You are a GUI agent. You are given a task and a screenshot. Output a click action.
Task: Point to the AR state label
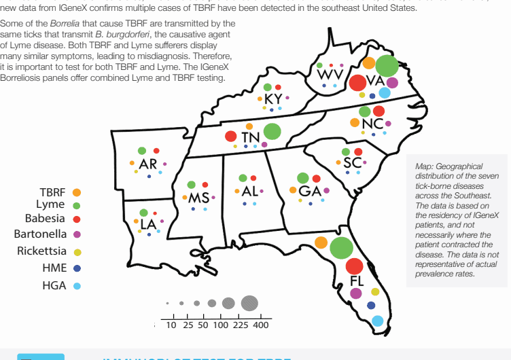pyautogui.click(x=148, y=164)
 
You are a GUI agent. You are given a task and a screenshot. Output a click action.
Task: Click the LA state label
pyautogui.click(x=148, y=223)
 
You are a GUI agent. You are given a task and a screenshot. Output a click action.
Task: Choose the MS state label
pyautogui.click(x=198, y=198)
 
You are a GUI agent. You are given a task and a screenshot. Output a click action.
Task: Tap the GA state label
pyautogui.click(x=310, y=191)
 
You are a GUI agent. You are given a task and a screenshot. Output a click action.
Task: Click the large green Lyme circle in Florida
pyautogui.click(x=340, y=247)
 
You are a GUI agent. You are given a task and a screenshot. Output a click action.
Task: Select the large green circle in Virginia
pyautogui.click(x=387, y=66)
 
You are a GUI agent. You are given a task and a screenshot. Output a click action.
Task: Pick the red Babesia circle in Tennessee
pyautogui.click(x=231, y=137)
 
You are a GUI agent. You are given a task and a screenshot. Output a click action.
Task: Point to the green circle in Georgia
pyautogui.click(x=304, y=178)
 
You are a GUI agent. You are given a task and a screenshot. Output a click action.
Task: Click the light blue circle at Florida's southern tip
pyautogui.click(x=377, y=321)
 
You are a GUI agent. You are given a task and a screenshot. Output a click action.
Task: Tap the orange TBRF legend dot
pyautogui.click(x=77, y=193)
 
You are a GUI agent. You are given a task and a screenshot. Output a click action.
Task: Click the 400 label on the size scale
pyautogui.click(x=261, y=325)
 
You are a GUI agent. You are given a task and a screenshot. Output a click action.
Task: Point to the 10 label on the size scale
pyautogui.click(x=171, y=325)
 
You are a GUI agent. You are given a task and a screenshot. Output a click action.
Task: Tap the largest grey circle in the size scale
pyautogui.click(x=249, y=302)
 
